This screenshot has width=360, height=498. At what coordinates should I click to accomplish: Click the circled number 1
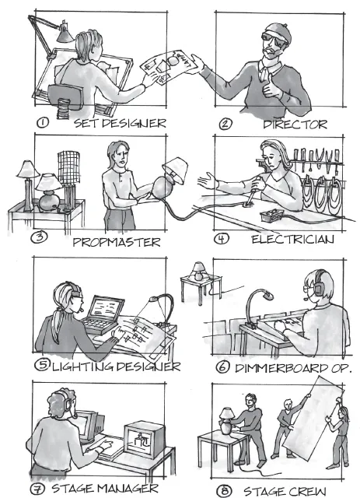coord(43,123)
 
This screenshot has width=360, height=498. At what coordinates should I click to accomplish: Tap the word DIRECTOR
coord(295,124)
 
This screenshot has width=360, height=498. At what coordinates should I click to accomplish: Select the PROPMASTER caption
coord(117,242)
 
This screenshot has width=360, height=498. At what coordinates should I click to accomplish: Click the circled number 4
coord(222,239)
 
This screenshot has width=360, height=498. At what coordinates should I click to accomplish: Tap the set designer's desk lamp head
coord(65,33)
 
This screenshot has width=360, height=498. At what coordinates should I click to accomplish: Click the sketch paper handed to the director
coord(168,65)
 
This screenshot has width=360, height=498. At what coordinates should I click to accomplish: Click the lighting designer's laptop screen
coord(106,308)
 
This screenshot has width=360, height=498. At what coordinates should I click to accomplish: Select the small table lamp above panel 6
coord(198,271)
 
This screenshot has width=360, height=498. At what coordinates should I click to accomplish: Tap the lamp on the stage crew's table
coord(227,421)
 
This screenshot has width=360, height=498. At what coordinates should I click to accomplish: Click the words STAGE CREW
coord(285,491)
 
